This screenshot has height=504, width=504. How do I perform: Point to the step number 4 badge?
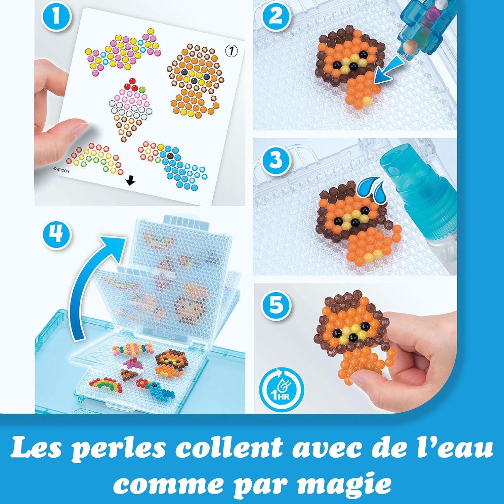point(57,234)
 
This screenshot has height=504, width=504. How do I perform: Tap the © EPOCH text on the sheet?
point(61,170)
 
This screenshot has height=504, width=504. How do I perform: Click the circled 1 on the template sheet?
point(231,51)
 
